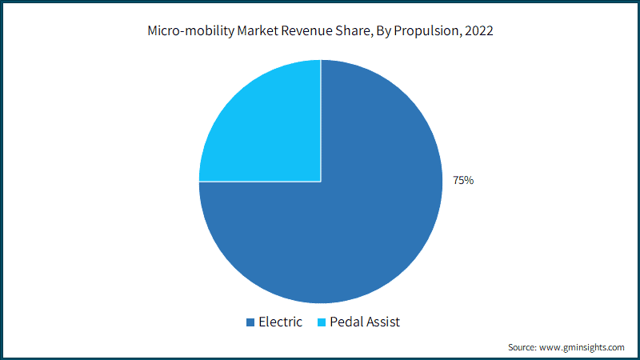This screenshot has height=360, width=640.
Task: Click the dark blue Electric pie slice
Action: click(360, 232)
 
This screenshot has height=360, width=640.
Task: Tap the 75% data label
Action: click(463, 181)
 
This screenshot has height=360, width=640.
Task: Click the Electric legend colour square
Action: click(250, 322)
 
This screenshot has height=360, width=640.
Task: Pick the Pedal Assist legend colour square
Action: click(322, 322)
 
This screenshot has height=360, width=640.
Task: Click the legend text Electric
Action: click(280, 322)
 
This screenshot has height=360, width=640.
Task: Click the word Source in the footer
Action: click(522, 347)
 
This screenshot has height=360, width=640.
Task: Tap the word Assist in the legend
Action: click(383, 322)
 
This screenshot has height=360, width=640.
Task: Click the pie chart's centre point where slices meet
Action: click(321, 182)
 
